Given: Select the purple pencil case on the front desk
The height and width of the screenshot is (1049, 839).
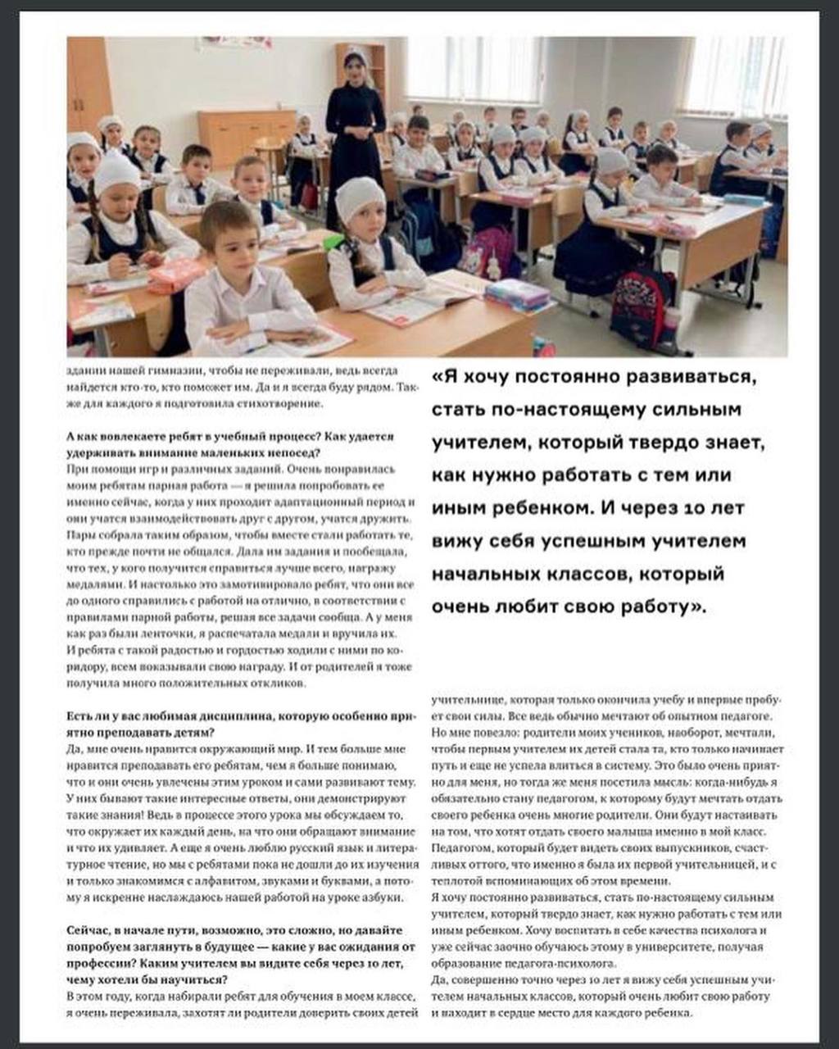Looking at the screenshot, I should point(516,293).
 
